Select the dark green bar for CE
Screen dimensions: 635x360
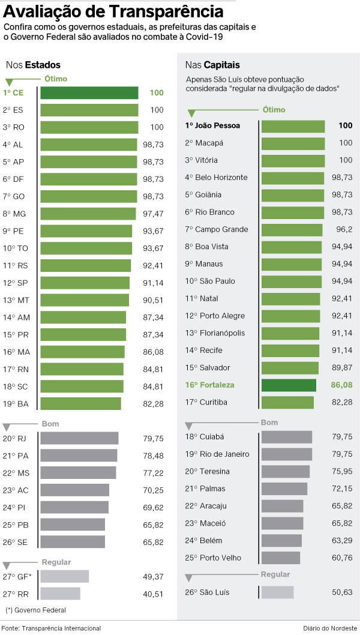tap(89, 93)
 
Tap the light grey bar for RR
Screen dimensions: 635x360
tap(60, 594)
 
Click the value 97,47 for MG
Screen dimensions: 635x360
tap(153, 214)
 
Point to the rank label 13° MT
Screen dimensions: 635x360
tap(16, 300)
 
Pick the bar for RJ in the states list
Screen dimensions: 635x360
tap(79, 438)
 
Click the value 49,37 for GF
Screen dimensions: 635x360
tap(153, 576)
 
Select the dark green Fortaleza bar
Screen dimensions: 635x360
tap(289, 385)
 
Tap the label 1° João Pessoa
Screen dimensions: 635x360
tap(212, 126)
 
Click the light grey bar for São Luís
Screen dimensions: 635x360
tap(277, 592)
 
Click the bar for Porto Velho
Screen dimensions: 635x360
tap(280, 558)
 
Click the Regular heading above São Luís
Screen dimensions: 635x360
tap(275, 574)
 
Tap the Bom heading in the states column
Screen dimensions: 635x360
tap(50, 424)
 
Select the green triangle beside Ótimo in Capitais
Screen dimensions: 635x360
tap(191, 113)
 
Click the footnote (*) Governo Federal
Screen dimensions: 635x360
tap(35, 610)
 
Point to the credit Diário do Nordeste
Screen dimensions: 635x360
tap(329, 628)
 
